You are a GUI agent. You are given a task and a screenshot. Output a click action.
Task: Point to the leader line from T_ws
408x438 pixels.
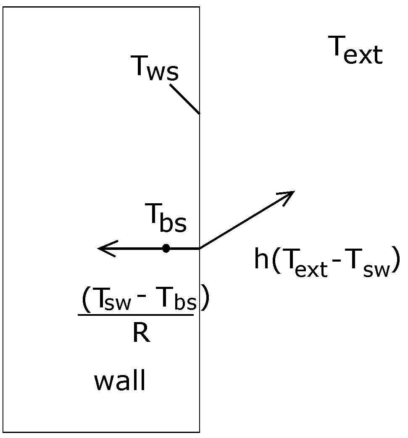(185, 99)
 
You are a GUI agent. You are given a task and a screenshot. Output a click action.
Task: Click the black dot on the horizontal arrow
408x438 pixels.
(166, 249)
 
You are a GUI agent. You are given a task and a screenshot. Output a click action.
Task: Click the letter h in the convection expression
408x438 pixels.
(261, 260)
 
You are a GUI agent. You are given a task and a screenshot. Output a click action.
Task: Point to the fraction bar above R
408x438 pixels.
(136, 314)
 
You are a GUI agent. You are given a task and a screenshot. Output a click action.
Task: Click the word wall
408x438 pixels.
(120, 380)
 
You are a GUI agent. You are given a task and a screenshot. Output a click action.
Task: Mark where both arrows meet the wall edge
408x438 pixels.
(200, 249)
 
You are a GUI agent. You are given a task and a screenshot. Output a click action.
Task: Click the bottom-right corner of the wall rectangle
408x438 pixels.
(200, 432)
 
